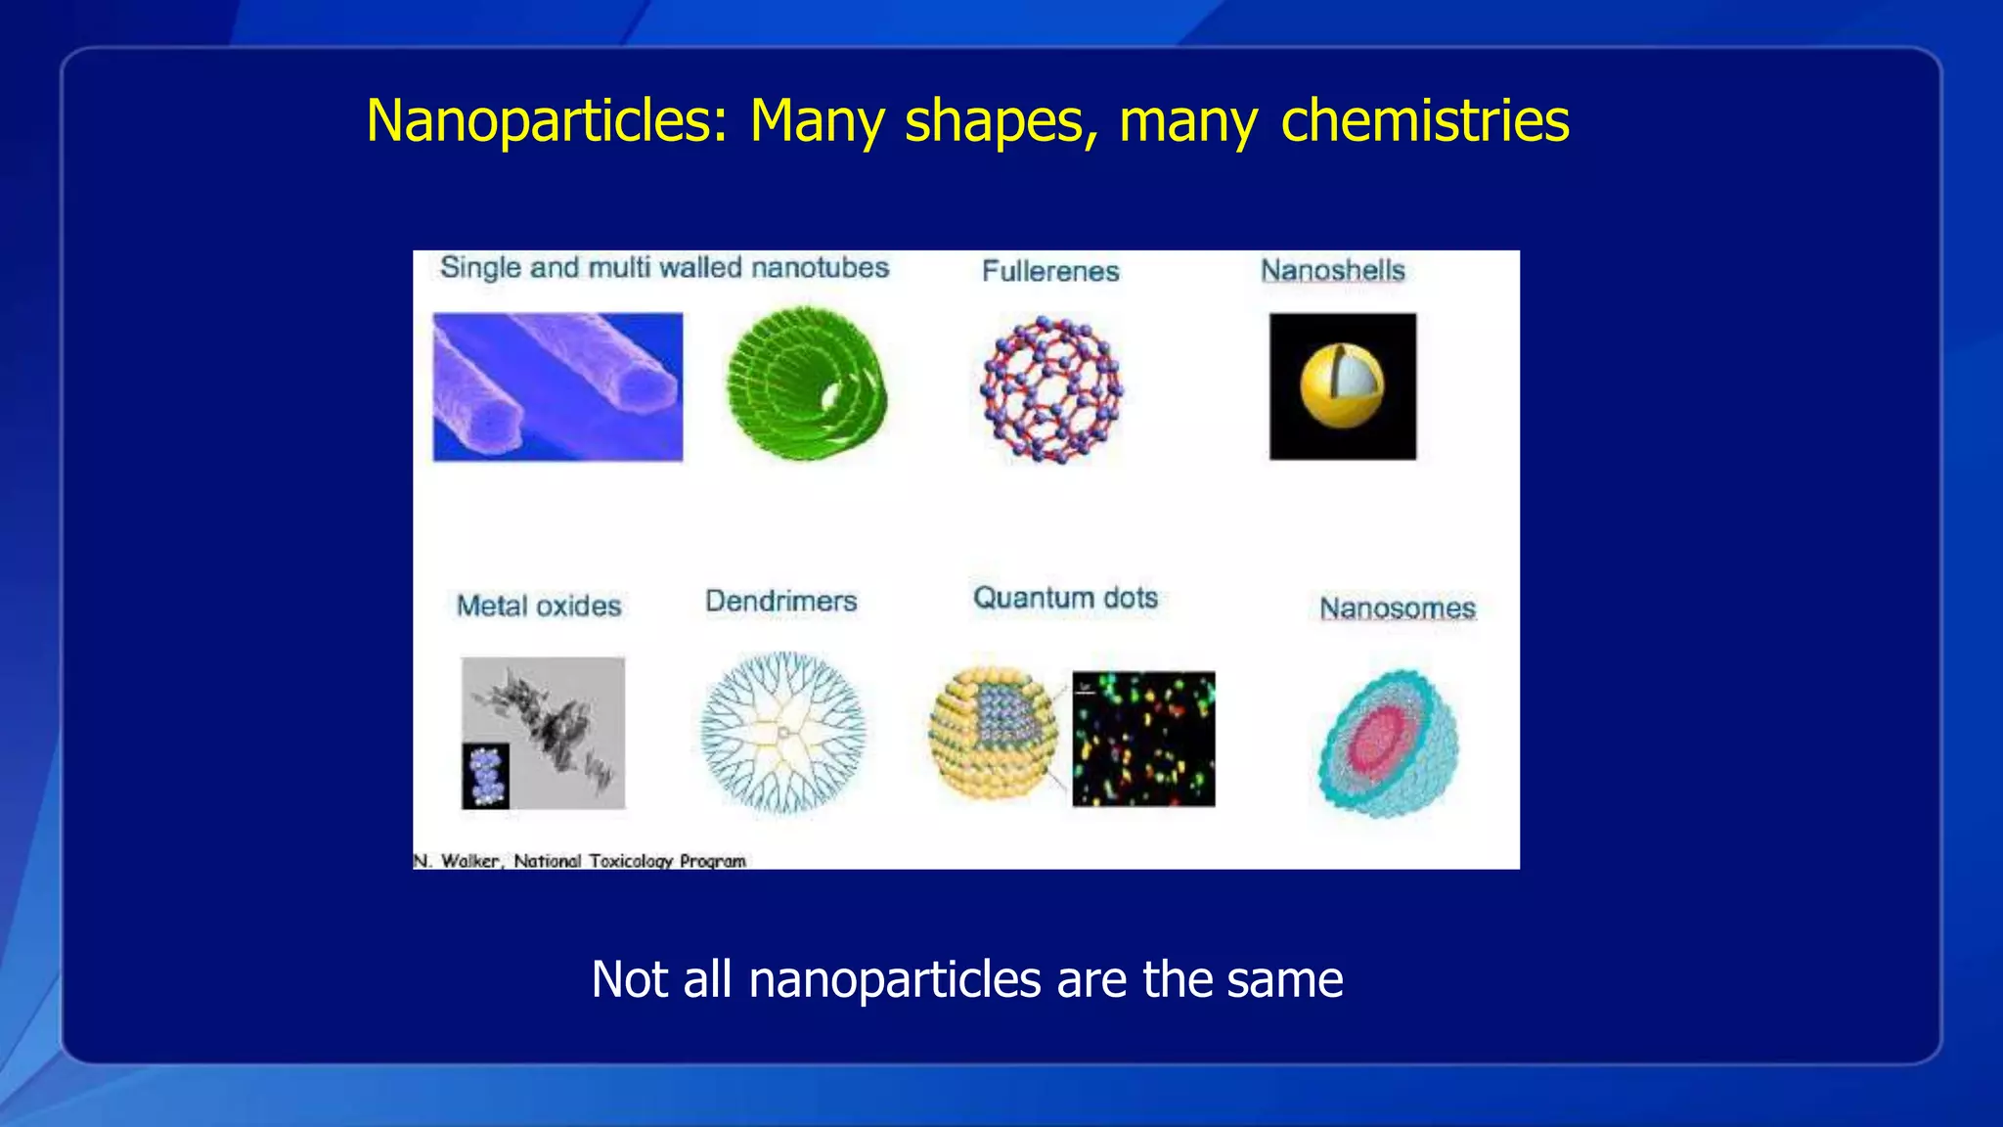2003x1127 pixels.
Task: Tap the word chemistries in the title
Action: [1424, 121]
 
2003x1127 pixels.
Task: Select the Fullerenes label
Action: [1050, 271]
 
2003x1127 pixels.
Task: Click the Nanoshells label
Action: [1332, 270]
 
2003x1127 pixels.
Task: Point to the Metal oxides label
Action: [539, 606]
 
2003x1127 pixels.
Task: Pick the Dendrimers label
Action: [780, 601]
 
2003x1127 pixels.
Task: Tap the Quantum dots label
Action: [1065, 598]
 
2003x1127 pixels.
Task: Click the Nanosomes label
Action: [1397, 608]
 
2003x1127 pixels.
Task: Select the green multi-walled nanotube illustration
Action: [806, 383]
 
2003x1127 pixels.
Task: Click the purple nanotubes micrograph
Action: [557, 386]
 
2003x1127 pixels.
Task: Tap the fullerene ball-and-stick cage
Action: [1051, 388]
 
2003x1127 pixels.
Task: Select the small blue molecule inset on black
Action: [486, 775]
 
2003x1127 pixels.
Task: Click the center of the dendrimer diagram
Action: [782, 732]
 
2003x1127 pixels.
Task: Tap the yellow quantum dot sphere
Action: [992, 734]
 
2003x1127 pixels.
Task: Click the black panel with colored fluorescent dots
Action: [1143, 739]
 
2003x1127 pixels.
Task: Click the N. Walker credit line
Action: [580, 861]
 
